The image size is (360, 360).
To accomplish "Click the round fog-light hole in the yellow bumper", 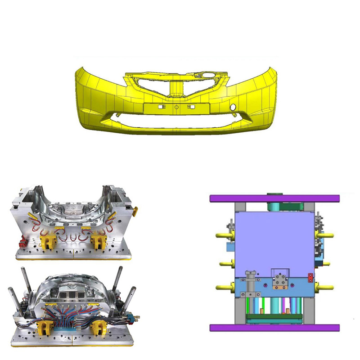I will pyautogui.click(x=233, y=107).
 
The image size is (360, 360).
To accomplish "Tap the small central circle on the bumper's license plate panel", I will pyautogui.click(x=176, y=108).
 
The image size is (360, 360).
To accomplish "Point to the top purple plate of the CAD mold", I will pyautogui.click(x=274, y=198).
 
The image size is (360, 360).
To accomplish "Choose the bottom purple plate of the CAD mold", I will pyautogui.click(x=274, y=328).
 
